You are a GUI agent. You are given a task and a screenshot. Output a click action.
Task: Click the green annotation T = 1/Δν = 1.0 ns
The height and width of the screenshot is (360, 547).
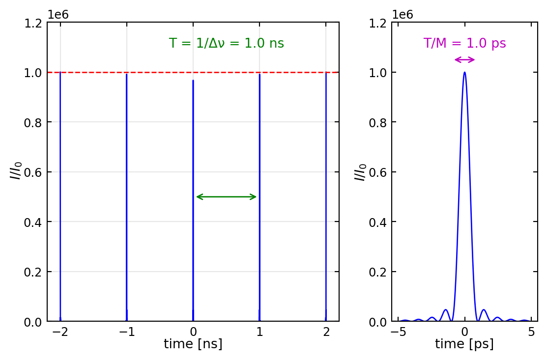tap(226, 44)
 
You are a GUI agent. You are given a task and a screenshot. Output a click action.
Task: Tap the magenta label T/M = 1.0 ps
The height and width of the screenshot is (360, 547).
tap(464, 44)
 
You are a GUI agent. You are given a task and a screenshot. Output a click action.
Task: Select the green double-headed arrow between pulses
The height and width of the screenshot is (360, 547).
tap(226, 197)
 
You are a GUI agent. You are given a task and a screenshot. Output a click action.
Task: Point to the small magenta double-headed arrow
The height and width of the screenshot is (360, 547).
tap(464, 60)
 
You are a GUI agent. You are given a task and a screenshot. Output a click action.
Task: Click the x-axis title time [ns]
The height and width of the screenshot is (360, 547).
tap(193, 344)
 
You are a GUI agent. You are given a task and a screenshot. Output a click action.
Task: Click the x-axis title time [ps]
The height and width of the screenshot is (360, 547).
tap(464, 344)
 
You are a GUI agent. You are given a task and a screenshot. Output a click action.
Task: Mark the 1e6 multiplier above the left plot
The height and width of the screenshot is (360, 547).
tap(58, 15)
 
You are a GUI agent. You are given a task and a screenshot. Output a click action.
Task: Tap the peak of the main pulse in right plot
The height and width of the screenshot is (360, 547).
tap(464, 73)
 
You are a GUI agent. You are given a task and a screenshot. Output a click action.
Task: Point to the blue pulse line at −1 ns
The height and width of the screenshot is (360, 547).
tap(127, 196)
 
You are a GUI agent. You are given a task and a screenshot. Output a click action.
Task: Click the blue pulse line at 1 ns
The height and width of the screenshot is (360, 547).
tap(259, 196)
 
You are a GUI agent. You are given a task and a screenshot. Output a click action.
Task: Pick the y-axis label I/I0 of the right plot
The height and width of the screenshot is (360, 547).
tap(361, 172)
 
